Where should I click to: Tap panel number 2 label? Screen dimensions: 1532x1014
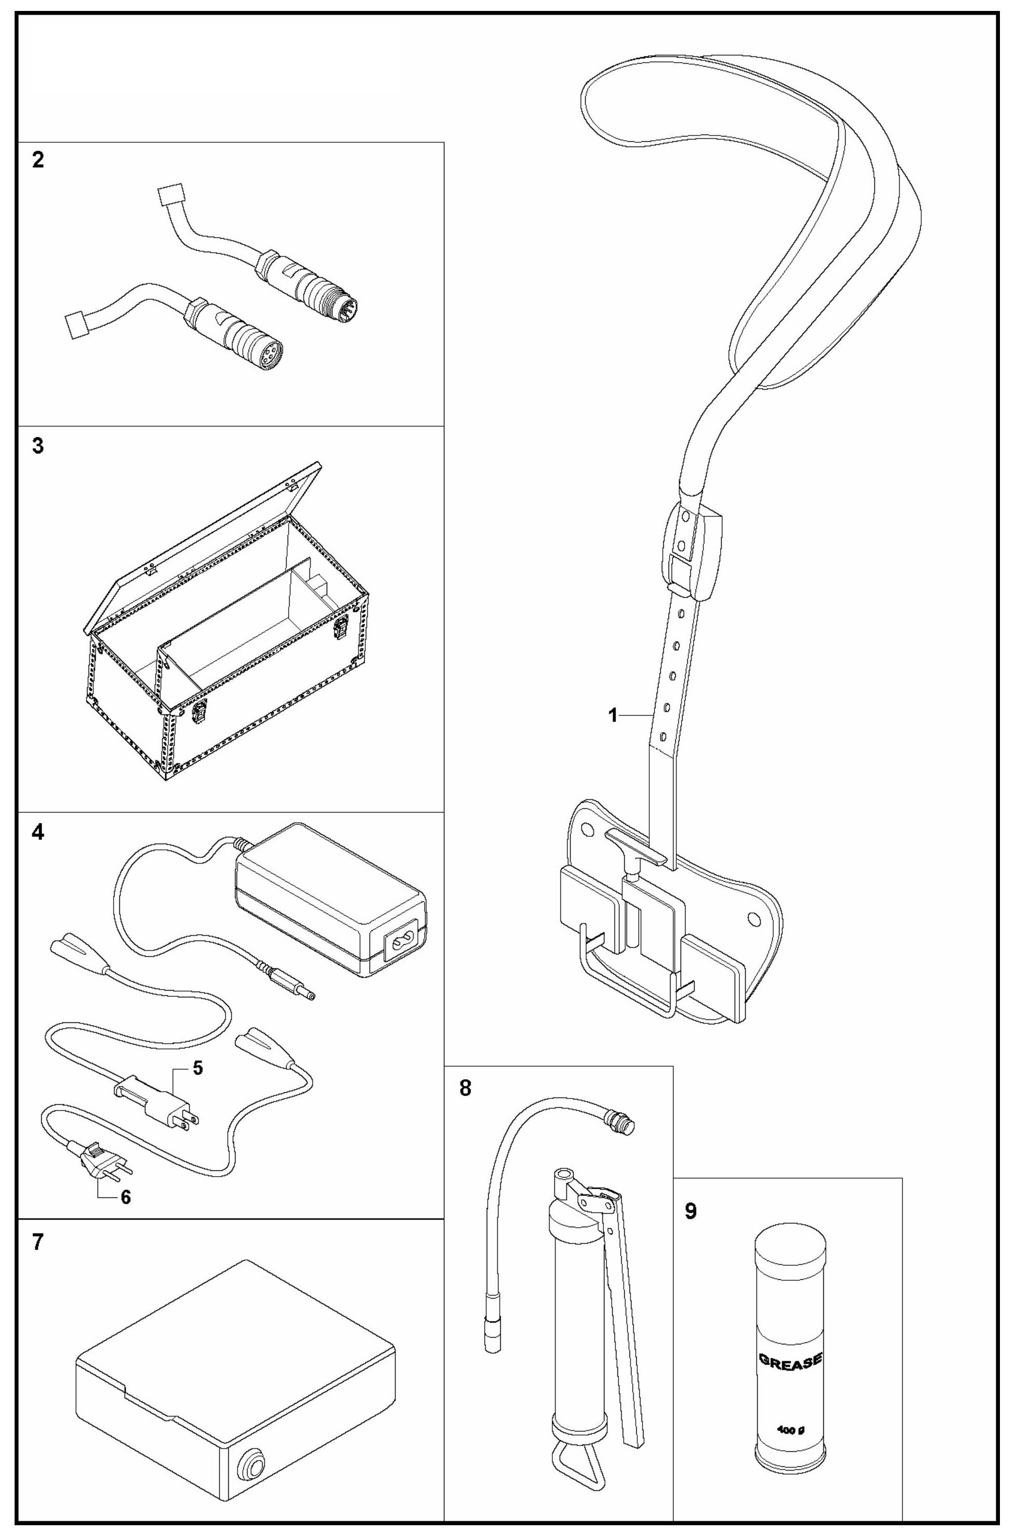38,160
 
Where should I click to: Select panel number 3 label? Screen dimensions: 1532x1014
38,446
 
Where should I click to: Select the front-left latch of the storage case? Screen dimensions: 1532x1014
199,711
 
